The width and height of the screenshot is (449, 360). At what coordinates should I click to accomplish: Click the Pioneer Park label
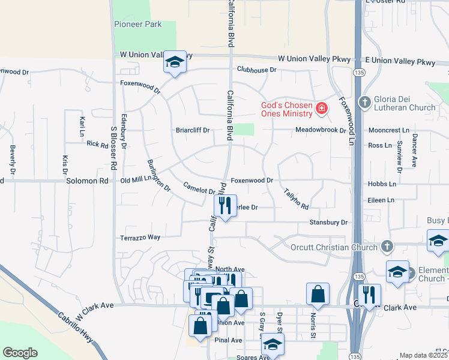pos(137,25)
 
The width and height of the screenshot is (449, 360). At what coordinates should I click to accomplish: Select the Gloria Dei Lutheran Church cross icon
pos(364,101)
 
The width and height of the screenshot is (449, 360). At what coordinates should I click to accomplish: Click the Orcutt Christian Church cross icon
pos(387,246)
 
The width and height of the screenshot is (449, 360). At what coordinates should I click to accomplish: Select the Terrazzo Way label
pos(140,238)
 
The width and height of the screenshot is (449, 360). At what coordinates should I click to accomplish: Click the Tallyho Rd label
pos(296,198)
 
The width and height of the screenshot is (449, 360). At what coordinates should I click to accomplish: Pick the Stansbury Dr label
pos(328,223)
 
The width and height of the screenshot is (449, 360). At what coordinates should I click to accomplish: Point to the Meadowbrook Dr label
pos(321,130)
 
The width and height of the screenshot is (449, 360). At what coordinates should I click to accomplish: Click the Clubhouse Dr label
pos(256,70)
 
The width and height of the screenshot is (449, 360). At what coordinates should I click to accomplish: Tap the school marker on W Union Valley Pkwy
pos(175,62)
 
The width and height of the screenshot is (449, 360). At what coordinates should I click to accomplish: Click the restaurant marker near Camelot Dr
pos(225,205)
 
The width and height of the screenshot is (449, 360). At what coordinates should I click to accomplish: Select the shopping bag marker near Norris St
pos(318,294)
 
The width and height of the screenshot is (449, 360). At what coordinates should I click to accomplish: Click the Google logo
pos(20,353)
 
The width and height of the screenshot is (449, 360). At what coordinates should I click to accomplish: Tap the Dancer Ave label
pos(414,149)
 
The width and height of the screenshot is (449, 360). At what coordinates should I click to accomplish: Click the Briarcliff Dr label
pos(192,130)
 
